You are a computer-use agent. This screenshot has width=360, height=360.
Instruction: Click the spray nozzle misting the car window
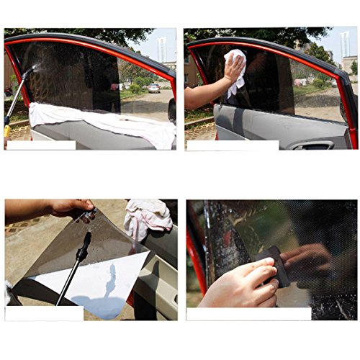click(27, 73)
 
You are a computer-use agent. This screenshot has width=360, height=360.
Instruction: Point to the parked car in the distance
click(154, 88)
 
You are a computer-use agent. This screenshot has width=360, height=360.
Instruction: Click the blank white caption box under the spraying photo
click(40, 145)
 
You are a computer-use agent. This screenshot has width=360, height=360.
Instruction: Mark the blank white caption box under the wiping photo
click(232, 145)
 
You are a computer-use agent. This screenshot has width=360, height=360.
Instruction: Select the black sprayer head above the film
click(82, 249)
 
